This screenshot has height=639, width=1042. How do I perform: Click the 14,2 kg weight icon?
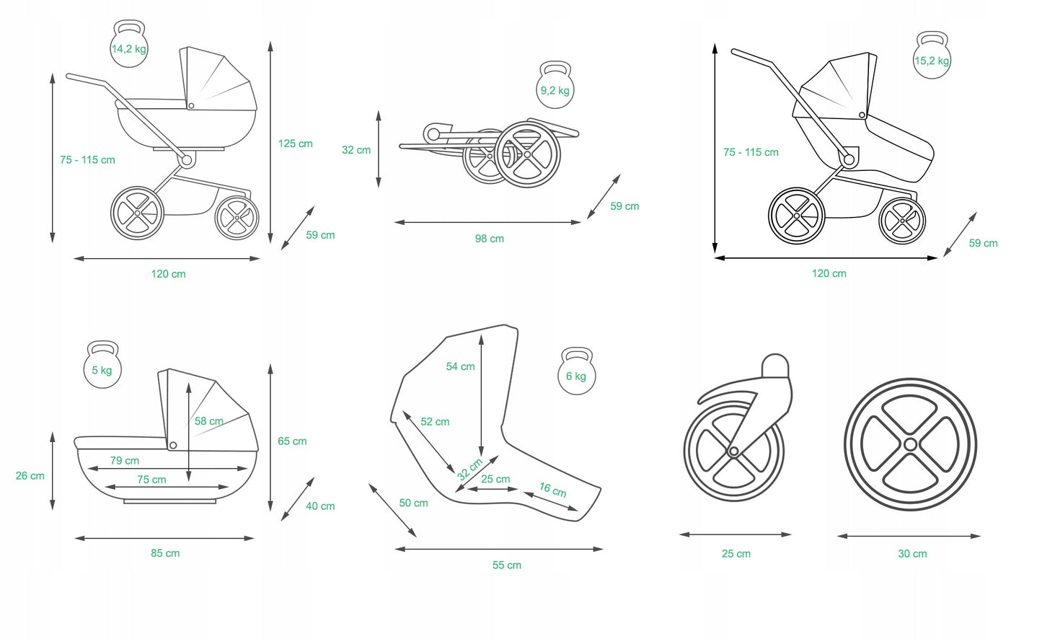129,45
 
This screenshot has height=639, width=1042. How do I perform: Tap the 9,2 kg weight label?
555,90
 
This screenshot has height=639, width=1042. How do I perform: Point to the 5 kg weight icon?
102,366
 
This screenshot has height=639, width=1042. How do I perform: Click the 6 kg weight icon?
576,373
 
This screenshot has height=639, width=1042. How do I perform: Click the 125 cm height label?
295,144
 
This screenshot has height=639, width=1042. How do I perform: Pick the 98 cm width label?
489,239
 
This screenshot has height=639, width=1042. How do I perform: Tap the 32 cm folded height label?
356,150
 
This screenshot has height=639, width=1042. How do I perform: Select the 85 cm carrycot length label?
165,553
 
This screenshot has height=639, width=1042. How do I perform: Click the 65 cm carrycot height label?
292,441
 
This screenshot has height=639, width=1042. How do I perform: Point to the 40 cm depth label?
320,506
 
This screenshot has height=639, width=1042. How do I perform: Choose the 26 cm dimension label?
30,476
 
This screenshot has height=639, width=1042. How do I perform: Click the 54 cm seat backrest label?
460,366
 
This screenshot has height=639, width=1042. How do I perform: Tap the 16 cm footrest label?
553,490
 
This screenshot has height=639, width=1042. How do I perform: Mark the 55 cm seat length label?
506,565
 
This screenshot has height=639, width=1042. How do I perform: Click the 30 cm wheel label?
912,554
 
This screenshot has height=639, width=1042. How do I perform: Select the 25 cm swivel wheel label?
736,554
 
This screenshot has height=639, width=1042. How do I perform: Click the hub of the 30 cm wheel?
910,444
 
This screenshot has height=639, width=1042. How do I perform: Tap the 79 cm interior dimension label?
125,461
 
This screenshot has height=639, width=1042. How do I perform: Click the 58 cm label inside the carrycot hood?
208,421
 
